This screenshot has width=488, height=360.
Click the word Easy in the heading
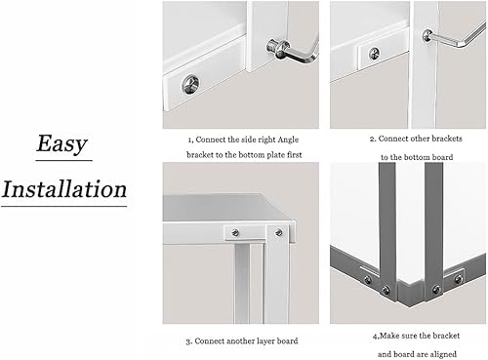pyautogui.click(x=61, y=143)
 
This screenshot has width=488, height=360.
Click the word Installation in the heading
pyautogui.click(x=64, y=189)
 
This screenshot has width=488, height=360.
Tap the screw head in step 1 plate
pyautogui.click(x=190, y=84)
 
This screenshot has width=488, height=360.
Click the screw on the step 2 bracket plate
pyautogui.click(x=375, y=54)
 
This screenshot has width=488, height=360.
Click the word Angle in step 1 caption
pyautogui.click(x=288, y=140)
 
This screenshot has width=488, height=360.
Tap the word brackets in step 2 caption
pyautogui.click(x=445, y=139)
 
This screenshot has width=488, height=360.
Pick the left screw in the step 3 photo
pyautogui.click(x=235, y=232)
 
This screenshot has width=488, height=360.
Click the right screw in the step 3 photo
pyautogui.click(x=278, y=232)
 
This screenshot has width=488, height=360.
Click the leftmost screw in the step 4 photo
pyautogui.click(x=368, y=279)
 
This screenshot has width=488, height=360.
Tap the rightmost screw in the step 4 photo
pyautogui.click(x=459, y=279)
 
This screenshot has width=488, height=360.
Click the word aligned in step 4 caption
pyautogui.click(x=443, y=354)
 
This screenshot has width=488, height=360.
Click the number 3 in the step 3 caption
pyautogui.click(x=188, y=341)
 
